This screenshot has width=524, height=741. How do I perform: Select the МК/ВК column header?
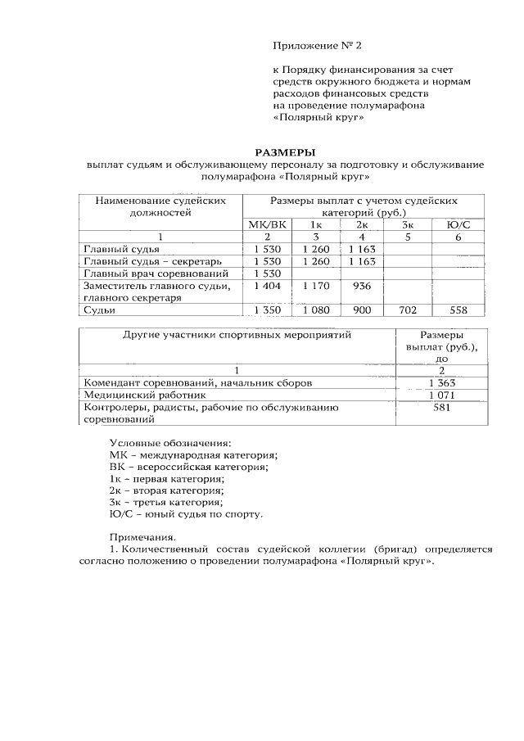coord(268,224)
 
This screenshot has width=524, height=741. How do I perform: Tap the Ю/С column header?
coord(457,224)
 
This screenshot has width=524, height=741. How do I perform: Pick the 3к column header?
coord(408,224)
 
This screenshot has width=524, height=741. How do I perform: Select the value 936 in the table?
coord(362,286)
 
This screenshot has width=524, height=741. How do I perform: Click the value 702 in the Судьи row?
coord(408,310)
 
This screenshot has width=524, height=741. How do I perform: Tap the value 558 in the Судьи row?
coord(457,310)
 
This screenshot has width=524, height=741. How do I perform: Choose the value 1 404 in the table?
coord(268,286)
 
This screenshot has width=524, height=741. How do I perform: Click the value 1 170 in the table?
coord(314,286)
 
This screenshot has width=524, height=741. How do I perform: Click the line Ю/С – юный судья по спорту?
coord(186,514)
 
